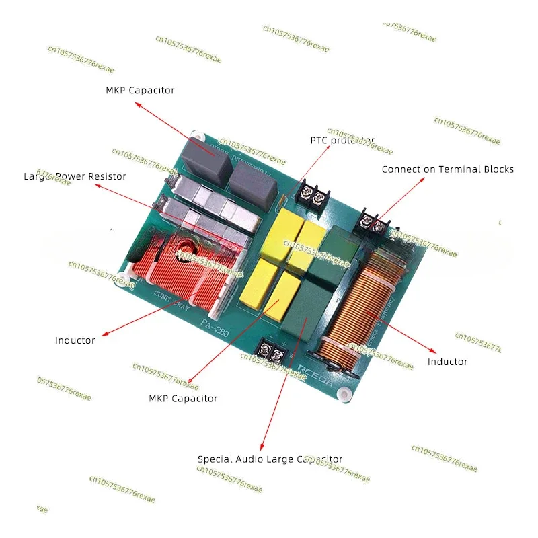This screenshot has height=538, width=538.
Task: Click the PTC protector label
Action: (x=342, y=141)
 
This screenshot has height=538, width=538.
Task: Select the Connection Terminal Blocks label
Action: (x=447, y=169)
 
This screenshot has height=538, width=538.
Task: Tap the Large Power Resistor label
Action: (x=75, y=176)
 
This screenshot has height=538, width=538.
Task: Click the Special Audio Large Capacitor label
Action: (x=270, y=459)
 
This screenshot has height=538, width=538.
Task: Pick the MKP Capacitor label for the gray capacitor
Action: (x=140, y=90)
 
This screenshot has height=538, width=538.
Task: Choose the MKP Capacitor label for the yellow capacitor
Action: (x=183, y=399)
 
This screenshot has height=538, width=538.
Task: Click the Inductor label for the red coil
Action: (x=75, y=340)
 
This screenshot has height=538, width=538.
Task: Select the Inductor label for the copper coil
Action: (x=447, y=362)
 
